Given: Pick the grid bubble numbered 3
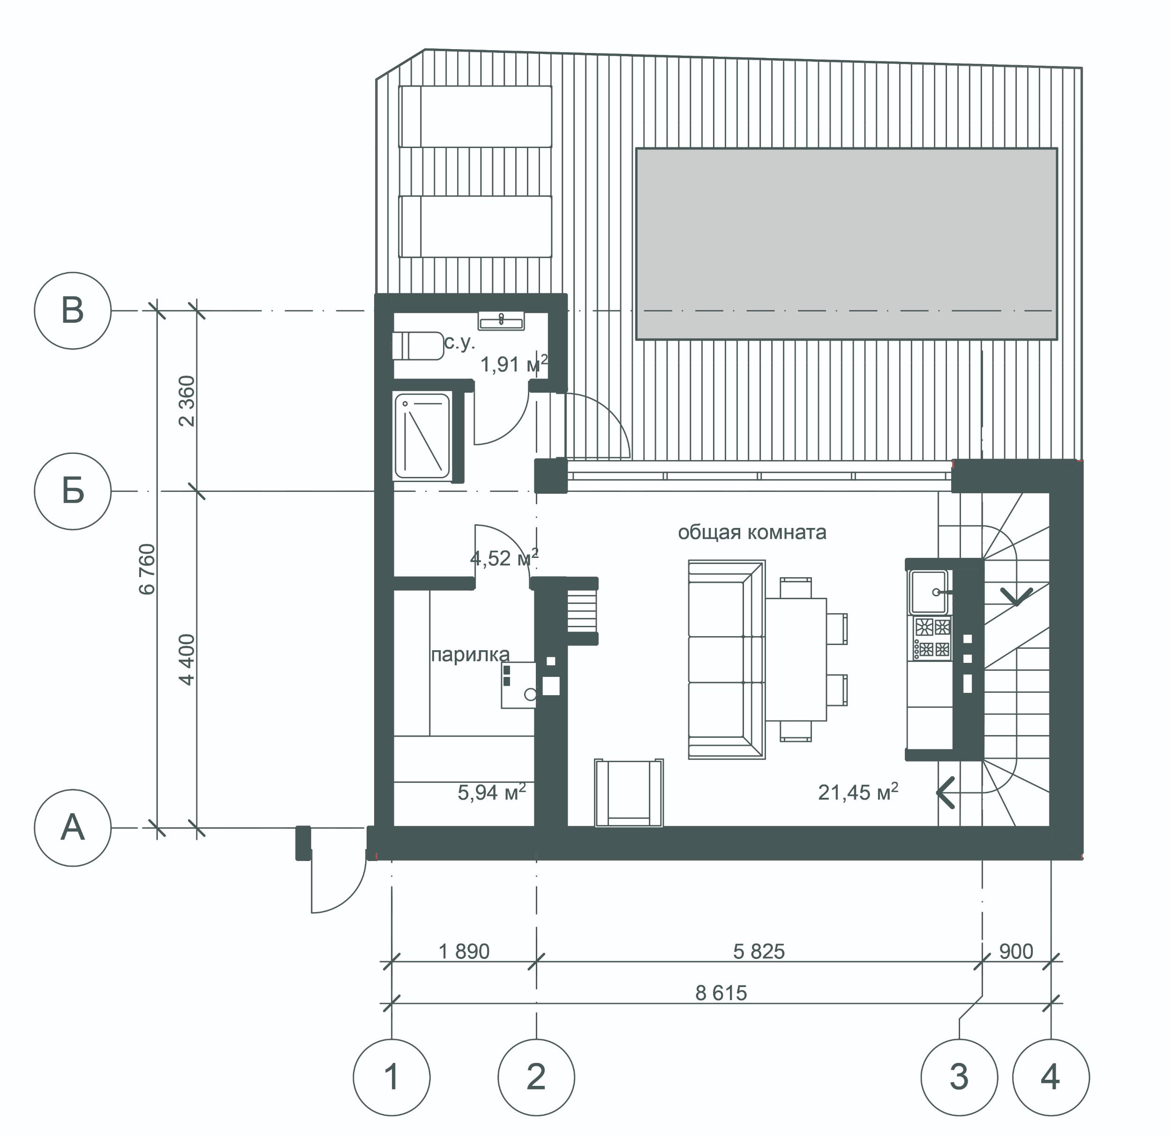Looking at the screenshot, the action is pos(959,1077).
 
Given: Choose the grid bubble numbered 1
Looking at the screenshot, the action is pos(391,1077).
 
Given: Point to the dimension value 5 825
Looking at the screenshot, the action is pos(759,951).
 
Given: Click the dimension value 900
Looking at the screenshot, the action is pos(1016,951).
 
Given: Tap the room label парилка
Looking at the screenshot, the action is pos(471,655).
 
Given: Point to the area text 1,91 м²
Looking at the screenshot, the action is pos(514,364).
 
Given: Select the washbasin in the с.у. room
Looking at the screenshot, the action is pos(501,321).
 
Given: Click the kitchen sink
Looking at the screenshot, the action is pos(929,592).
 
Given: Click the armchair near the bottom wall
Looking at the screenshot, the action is pos(629,793).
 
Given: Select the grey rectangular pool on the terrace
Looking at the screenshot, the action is pos(846,244).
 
